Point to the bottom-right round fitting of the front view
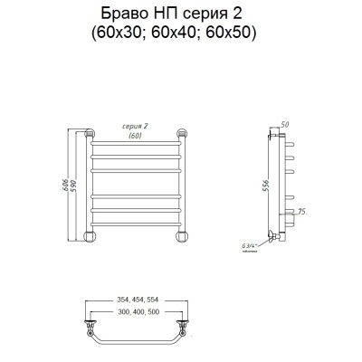pyautogui.click(x=183, y=237)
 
